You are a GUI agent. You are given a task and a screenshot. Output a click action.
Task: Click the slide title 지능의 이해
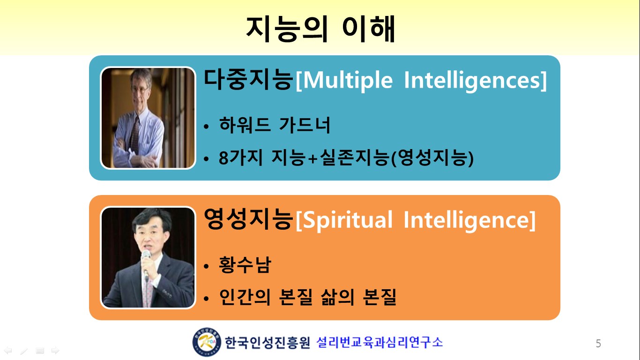tap(320, 29)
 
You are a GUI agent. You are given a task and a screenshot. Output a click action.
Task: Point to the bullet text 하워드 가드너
tap(275, 125)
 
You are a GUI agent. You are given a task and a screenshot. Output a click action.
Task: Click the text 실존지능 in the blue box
tap(354, 157)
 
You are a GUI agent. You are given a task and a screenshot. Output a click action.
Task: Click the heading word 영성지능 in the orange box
tap(249, 219)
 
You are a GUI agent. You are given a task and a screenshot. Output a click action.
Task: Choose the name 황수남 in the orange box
tap(245, 264)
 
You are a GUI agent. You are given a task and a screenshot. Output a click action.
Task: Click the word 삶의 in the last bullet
tap(337, 297)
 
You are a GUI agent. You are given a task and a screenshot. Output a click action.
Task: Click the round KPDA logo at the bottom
tap(207, 342)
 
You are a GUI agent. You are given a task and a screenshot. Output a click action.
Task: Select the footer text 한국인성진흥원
tap(268, 342)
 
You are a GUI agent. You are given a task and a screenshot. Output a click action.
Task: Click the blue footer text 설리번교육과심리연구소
tap(380, 342)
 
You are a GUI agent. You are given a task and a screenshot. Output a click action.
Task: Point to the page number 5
tap(598, 343)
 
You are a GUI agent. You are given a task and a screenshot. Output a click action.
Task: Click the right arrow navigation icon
tap(55, 350)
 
